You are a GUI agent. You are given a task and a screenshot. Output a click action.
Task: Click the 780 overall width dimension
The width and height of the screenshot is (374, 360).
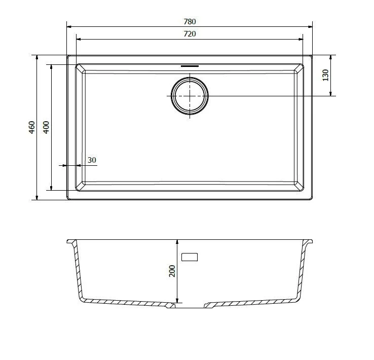click(x=190, y=22)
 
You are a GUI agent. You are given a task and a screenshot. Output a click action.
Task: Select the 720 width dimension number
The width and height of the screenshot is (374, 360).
click(x=190, y=34)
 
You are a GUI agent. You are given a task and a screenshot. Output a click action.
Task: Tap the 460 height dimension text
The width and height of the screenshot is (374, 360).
click(x=32, y=127)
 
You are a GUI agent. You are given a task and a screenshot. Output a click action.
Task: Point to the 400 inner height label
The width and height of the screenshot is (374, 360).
click(x=46, y=127)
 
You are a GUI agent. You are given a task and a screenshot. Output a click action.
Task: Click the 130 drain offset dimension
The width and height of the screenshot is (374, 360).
click(x=325, y=75)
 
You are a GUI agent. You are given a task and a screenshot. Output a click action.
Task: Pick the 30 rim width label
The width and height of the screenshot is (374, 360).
click(x=92, y=160)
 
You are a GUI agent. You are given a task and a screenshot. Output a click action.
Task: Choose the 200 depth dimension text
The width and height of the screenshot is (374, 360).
click(x=172, y=271)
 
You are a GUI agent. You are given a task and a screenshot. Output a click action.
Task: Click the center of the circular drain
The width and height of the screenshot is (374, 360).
click(x=190, y=96)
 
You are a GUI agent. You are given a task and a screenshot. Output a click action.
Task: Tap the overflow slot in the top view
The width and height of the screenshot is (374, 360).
click(x=190, y=66)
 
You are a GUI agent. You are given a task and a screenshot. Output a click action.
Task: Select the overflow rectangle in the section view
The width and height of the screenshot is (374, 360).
click(x=190, y=257)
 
